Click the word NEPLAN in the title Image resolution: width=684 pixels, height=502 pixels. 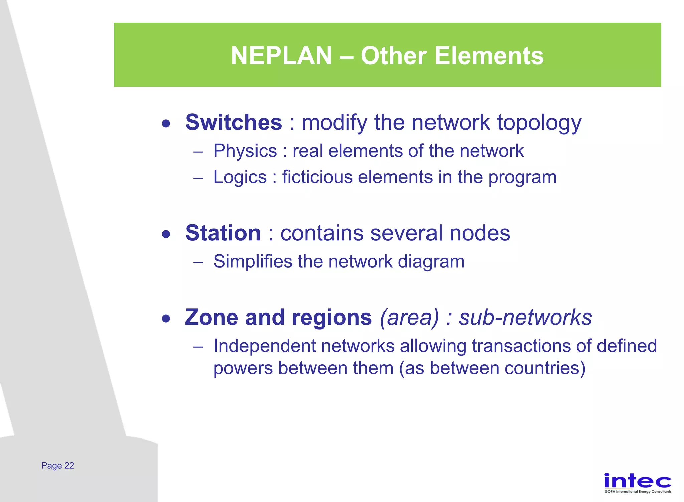(281, 55)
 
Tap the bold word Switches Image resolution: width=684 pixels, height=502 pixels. (233, 122)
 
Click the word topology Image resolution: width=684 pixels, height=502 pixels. (539, 123)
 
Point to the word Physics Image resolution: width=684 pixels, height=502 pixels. (245, 151)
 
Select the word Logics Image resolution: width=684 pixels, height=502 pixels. (240, 177)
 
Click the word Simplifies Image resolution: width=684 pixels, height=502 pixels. (253, 261)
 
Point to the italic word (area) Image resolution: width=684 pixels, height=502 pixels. (409, 318)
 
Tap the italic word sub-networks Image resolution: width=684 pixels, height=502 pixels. (525, 317)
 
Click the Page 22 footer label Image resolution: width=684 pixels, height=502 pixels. (58, 466)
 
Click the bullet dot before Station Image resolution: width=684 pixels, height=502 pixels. (166, 234)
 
